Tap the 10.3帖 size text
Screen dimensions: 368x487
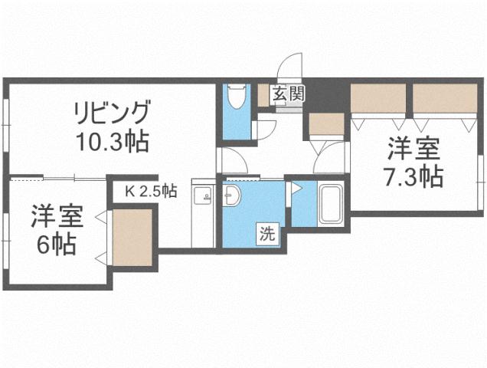click(x=111, y=141)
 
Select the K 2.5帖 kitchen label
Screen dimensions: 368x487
click(x=152, y=190)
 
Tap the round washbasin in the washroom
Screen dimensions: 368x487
click(x=231, y=199)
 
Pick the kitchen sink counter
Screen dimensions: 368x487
click(x=202, y=215)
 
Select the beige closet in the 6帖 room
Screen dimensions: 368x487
click(x=133, y=237)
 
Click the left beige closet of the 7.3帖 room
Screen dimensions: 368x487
click(x=378, y=98)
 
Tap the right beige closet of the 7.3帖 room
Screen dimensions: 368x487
click(x=445, y=98)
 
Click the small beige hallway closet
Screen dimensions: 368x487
click(x=327, y=123)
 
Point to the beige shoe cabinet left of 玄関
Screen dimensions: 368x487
click(x=266, y=94)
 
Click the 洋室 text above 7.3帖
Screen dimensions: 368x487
click(x=413, y=146)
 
